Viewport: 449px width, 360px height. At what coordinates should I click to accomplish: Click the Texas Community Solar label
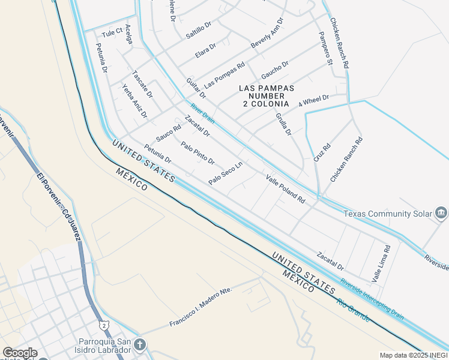(x=388, y=213)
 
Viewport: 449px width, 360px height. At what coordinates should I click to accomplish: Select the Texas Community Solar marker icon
(x=441, y=213)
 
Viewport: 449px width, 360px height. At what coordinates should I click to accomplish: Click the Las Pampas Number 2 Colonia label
(x=267, y=96)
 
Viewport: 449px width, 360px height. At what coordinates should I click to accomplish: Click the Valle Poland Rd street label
(x=286, y=188)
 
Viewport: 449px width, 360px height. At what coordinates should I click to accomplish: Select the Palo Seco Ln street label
(x=225, y=173)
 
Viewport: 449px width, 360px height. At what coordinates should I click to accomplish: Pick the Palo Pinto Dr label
(x=197, y=152)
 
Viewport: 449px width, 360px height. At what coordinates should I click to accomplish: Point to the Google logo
(x=19, y=353)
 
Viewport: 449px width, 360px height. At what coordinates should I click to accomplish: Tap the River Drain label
(x=202, y=112)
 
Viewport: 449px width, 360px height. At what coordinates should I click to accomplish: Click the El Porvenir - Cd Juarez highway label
(x=58, y=208)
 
